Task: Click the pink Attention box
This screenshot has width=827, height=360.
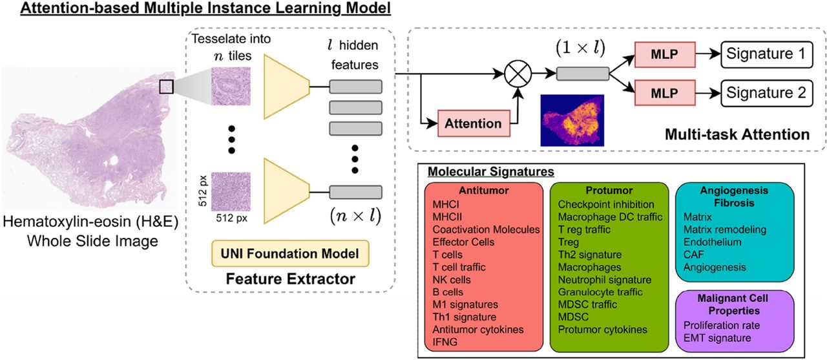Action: pos(474,123)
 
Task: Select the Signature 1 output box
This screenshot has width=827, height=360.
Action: pos(766,54)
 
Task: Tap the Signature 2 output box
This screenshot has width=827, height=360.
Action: pos(766,92)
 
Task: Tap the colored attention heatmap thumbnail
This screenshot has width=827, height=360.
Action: pos(572,120)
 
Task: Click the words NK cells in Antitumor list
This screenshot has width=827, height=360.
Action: pos(452,280)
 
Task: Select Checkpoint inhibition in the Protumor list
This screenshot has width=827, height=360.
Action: pos(605,205)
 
